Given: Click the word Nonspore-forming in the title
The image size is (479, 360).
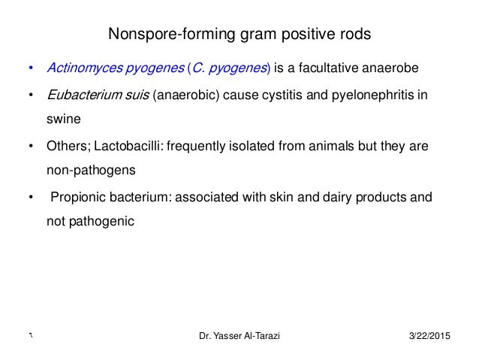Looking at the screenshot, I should (154, 35).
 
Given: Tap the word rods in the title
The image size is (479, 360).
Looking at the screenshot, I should (354, 35).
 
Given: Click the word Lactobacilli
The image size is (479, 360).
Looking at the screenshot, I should (125, 147).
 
